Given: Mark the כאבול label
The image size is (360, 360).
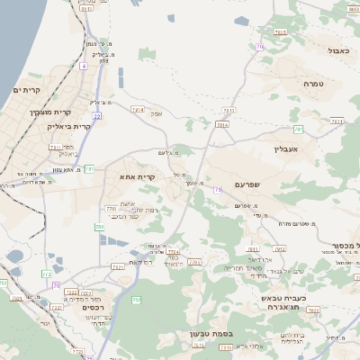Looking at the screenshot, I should click(338, 51).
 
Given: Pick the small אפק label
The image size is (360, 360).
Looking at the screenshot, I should click(156, 114).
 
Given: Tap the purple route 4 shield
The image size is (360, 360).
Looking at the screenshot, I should click(84, 66).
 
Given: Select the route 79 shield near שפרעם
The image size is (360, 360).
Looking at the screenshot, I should click(217, 189).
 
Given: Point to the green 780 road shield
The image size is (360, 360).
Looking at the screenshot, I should click(96, 225).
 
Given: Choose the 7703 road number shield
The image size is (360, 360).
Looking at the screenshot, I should click(193, 262).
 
